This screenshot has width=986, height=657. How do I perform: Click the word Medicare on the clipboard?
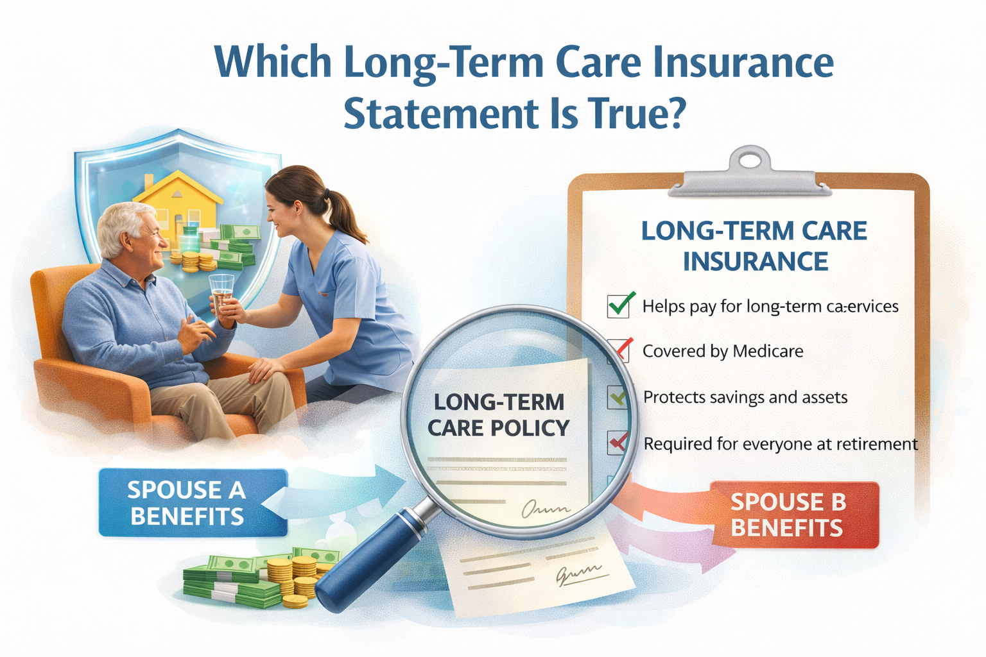(768, 352)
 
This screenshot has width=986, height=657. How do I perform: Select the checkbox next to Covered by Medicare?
(617, 350)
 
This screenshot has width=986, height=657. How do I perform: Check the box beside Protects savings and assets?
(618, 397)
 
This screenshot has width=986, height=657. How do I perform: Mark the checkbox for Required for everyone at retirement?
(618, 442)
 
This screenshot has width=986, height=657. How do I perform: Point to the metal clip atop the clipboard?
(750, 173)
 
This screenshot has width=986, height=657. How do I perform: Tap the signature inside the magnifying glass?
(545, 509)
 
